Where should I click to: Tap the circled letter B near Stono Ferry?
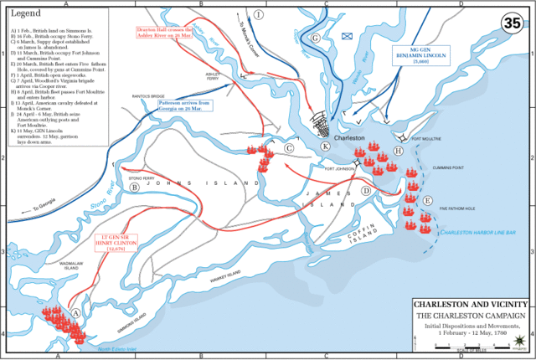(133, 188)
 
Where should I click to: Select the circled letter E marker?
(428, 201)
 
